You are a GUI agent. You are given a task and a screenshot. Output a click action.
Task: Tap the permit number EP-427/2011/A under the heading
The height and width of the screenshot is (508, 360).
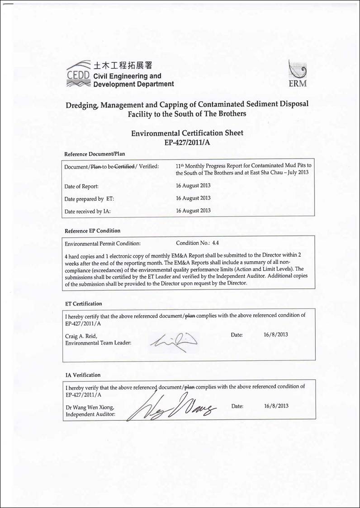click(x=187, y=142)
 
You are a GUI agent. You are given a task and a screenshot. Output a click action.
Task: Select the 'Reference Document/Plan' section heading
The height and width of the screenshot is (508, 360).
click(x=95, y=154)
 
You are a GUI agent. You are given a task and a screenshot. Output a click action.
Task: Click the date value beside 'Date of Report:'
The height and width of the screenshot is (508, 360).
click(x=193, y=185)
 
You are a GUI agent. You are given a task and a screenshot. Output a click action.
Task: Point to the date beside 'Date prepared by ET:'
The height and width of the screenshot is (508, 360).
click(x=193, y=198)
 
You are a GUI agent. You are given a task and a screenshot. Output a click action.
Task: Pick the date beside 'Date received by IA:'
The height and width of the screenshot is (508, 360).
click(x=193, y=211)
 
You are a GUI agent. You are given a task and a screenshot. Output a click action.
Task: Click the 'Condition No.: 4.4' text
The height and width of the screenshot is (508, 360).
click(x=197, y=243)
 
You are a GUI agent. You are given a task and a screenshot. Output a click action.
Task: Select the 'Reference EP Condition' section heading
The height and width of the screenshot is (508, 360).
click(x=92, y=231)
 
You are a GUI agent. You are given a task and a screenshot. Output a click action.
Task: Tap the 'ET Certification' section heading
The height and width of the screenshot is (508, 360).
click(x=84, y=304)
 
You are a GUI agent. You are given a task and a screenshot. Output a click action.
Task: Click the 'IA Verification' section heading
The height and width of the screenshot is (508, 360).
click(x=83, y=375)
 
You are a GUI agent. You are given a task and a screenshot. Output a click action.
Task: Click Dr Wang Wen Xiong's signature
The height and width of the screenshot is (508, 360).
click(x=172, y=406)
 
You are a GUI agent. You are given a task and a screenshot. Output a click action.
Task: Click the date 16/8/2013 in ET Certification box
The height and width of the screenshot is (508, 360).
click(x=275, y=335)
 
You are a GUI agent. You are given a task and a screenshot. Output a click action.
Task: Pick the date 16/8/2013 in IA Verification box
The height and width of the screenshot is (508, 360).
click(x=276, y=406)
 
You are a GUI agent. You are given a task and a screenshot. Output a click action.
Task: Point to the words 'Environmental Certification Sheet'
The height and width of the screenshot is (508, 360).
click(x=187, y=133)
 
